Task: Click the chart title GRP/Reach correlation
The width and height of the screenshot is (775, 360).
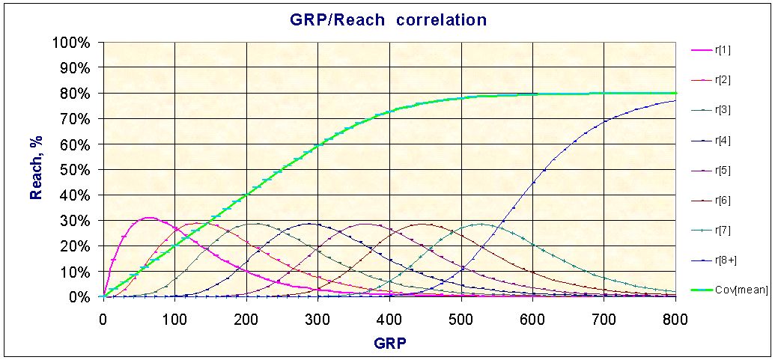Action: click(383, 19)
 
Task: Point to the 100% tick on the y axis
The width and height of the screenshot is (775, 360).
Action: click(73, 42)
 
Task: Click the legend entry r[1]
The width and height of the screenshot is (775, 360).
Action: click(723, 50)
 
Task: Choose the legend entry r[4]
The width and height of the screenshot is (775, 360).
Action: click(723, 140)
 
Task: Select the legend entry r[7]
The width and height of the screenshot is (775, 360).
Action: click(723, 230)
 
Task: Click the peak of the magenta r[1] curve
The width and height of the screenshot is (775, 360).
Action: click(149, 218)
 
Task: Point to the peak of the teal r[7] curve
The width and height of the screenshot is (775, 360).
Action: click(480, 224)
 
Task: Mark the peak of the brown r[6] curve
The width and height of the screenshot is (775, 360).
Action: click(422, 224)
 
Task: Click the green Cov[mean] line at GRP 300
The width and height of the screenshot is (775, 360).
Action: click(317, 145)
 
